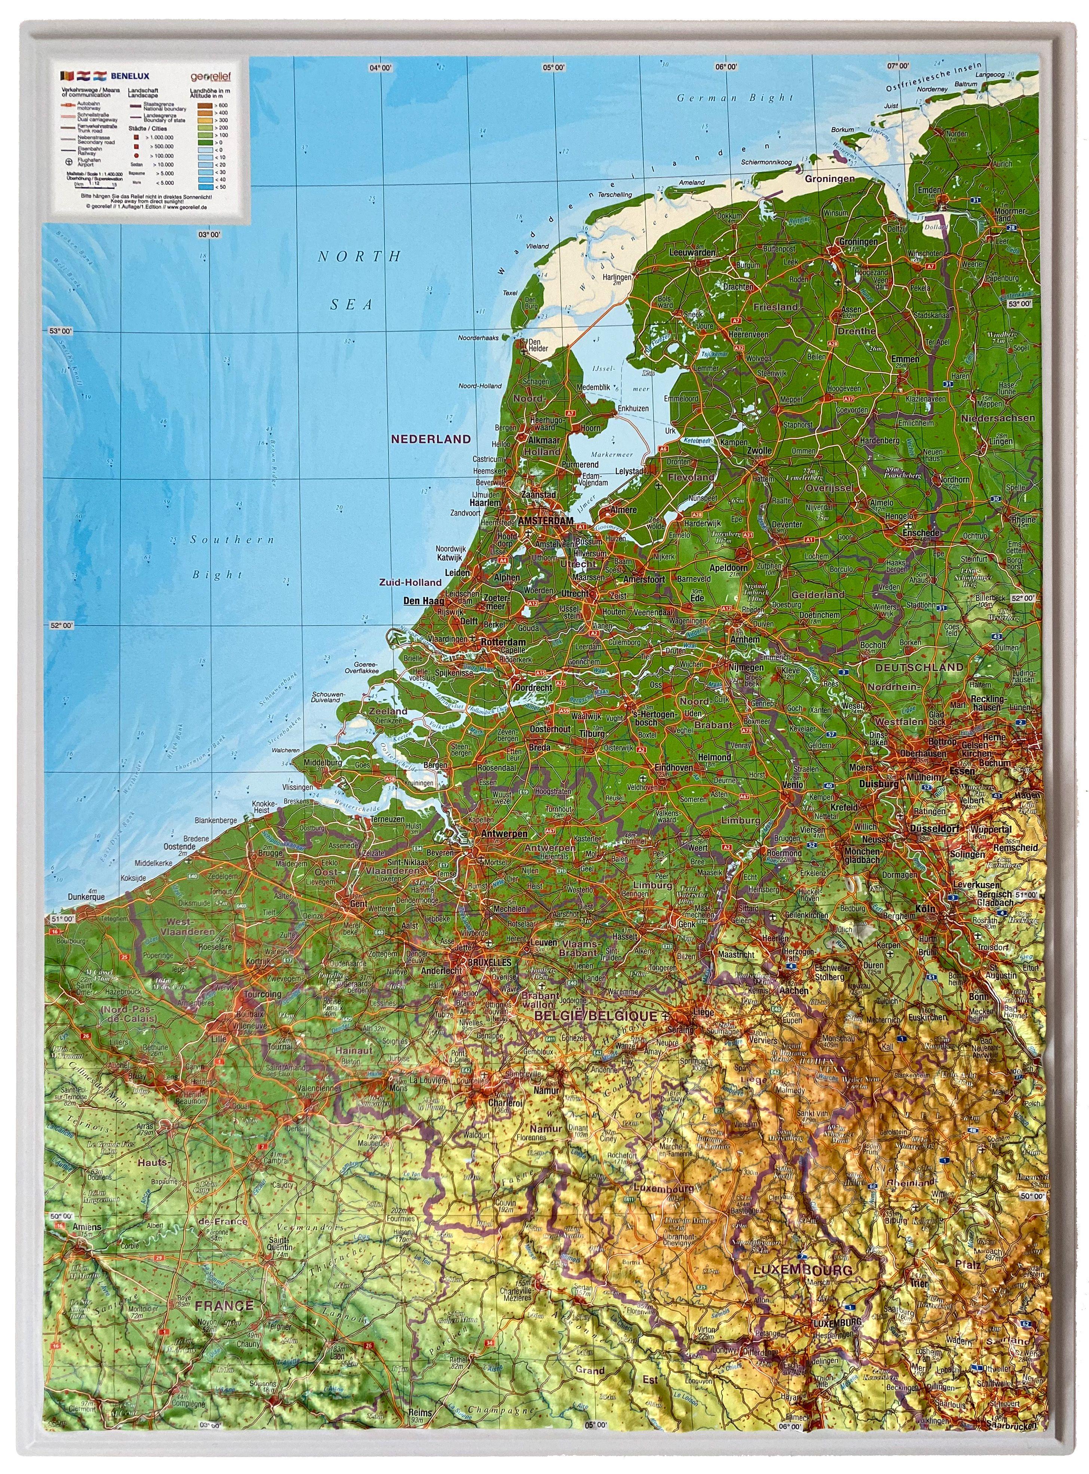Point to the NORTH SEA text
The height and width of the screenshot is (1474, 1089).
coord(359,280)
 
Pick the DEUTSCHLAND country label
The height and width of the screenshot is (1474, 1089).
coord(919,667)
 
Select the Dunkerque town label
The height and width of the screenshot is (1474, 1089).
coord(86,897)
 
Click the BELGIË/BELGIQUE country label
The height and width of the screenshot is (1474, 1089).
coord(597,1016)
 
